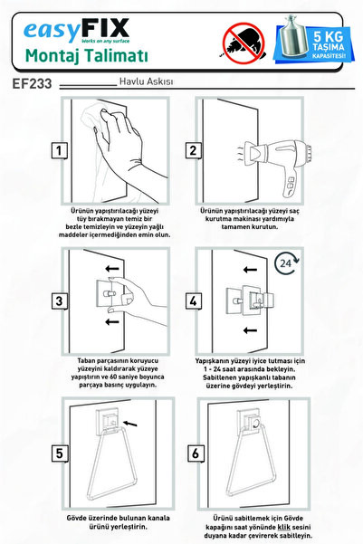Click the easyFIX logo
(76, 31)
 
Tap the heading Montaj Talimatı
(86, 56)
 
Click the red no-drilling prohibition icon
(244, 43)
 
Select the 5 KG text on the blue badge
(328, 36)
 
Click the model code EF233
(32, 83)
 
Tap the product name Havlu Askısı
(146, 81)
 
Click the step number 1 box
(60, 150)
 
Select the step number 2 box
(193, 150)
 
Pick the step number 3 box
(60, 301)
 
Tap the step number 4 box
(194, 301)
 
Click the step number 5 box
(60, 453)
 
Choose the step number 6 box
(196, 453)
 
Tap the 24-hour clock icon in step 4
(287, 263)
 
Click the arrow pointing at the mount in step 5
(130, 424)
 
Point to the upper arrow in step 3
(112, 269)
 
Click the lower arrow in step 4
(250, 330)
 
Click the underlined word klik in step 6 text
(284, 528)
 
